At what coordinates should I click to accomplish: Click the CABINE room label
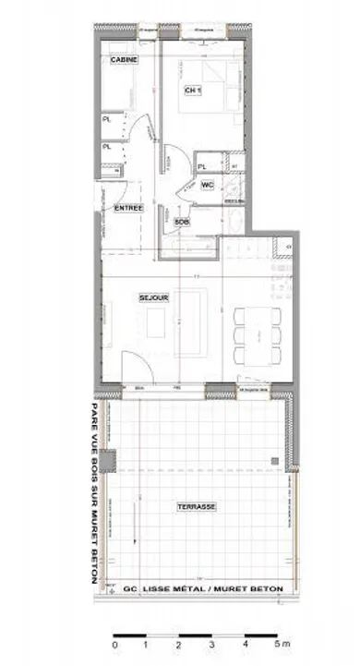coord(125,60)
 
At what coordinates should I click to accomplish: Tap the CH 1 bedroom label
coord(193,91)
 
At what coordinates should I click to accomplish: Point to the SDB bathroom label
coord(182,223)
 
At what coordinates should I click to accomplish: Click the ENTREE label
coord(128,208)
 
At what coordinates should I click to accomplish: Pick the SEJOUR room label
coord(151,297)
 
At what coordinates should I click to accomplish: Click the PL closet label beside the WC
coord(202,166)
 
